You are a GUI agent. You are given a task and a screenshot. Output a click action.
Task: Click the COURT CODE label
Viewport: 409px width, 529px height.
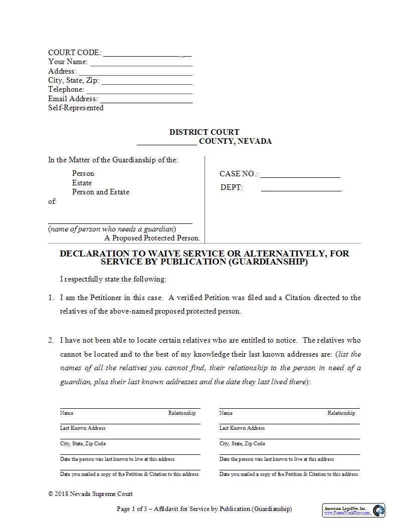pos(74,53)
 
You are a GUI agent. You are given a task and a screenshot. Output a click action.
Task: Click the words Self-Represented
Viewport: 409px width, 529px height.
pos(76,108)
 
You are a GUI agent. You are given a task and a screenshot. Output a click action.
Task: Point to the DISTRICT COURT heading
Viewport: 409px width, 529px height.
pos(204,132)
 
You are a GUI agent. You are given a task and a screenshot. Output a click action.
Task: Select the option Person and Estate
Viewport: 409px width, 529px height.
pos(100,192)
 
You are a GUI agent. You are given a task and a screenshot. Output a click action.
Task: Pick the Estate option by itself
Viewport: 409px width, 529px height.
pos(82,183)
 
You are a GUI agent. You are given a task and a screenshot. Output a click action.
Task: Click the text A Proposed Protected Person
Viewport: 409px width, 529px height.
pos(152,238)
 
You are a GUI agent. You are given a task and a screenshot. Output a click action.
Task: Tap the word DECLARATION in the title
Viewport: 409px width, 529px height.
pos(94,253)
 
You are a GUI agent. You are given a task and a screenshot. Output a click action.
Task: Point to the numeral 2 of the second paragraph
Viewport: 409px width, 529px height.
pos(51,340)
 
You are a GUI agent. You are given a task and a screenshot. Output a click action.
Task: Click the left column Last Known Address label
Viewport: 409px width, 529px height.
pos(83,428)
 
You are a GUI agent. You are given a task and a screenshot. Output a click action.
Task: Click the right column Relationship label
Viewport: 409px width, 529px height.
pos(341,413)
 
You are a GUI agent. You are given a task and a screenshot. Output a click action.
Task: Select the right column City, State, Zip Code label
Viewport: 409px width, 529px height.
pos(242,444)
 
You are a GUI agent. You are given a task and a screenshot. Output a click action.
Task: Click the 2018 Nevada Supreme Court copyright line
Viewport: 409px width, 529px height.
pos(91,494)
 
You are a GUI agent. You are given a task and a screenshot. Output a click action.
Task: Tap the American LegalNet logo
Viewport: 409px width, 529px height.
pos(354,510)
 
